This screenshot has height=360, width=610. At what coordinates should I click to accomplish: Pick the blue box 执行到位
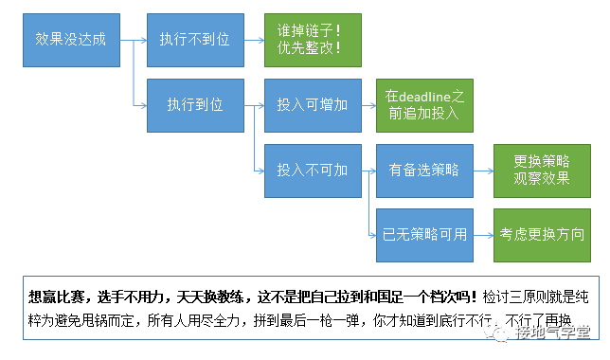pyautogui.click(x=194, y=104)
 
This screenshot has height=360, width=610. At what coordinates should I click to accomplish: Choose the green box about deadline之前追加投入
pyautogui.click(x=423, y=104)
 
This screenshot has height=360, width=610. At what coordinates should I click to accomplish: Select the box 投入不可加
pyautogui.click(x=313, y=171)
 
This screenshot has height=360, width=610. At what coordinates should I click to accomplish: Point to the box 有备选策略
pyautogui.click(x=423, y=171)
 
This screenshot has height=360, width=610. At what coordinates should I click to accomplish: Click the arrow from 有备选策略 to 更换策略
pyautogui.click(x=482, y=171)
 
